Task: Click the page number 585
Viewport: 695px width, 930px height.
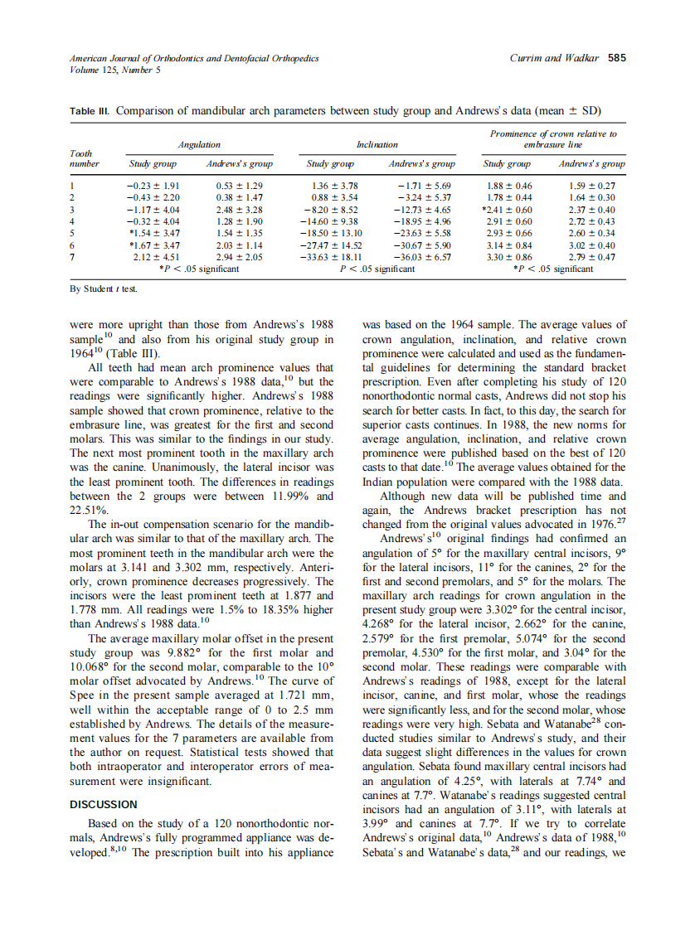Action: click(617, 59)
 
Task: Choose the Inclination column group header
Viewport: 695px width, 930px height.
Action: click(377, 144)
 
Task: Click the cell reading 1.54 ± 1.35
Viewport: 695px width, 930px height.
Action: click(239, 234)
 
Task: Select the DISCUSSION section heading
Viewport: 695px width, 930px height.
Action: click(103, 804)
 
